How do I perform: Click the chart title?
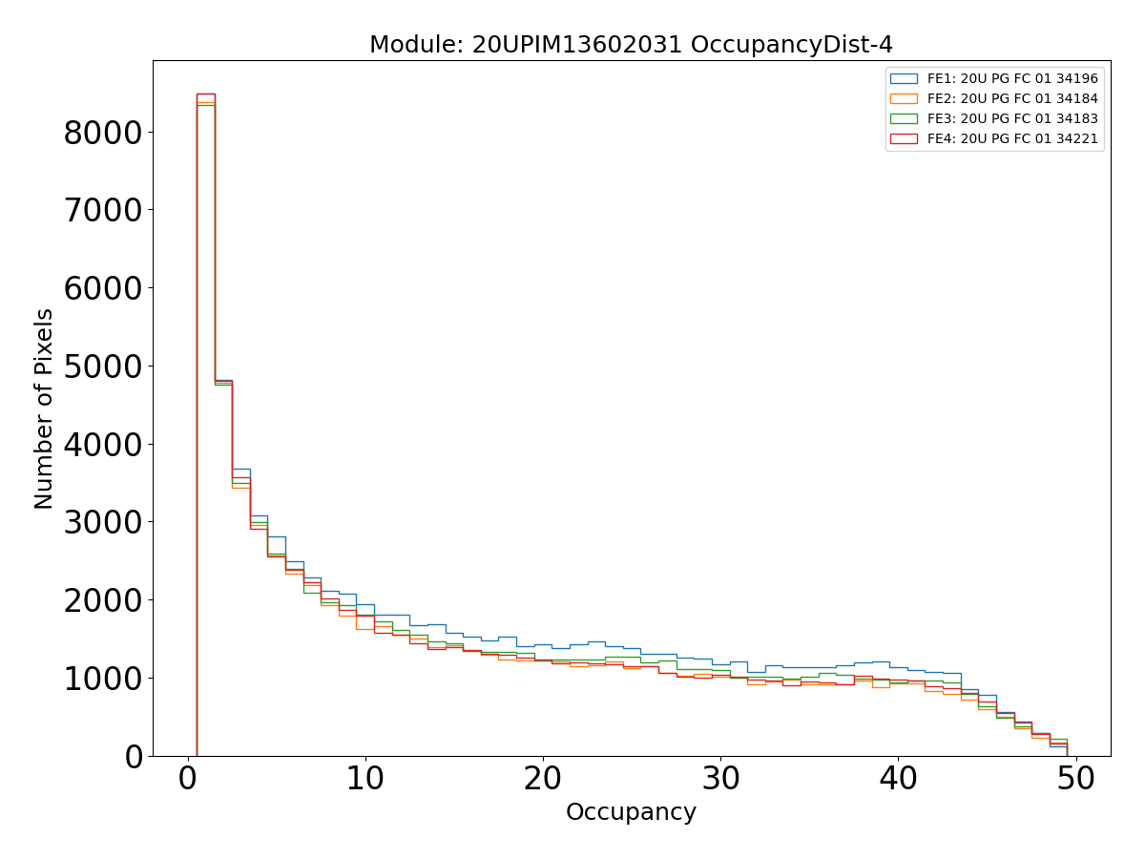(x=631, y=45)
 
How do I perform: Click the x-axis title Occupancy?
(x=631, y=812)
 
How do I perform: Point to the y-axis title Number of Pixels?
(x=45, y=409)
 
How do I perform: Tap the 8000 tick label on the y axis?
(x=103, y=134)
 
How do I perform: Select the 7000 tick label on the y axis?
(x=103, y=211)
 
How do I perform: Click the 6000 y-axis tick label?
(x=103, y=289)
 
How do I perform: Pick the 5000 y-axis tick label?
(x=103, y=367)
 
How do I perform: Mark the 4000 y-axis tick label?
(x=103, y=446)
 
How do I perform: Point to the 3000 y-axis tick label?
(x=103, y=523)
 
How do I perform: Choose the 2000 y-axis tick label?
(x=103, y=601)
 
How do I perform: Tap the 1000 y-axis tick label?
(x=103, y=680)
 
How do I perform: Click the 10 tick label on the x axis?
(x=364, y=780)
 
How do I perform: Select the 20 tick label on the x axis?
(x=542, y=780)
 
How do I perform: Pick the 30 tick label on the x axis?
(x=720, y=780)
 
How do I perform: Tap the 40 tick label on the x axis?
(x=898, y=780)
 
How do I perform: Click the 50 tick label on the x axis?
(x=1075, y=780)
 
